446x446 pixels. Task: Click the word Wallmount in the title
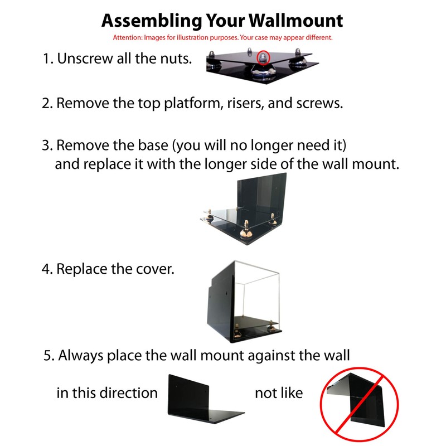[x=295, y=21]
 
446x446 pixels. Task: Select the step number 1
[x=47, y=59]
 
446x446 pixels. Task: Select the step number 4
[x=47, y=269]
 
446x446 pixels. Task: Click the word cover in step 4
[x=156, y=269]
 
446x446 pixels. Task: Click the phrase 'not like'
[x=279, y=393]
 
